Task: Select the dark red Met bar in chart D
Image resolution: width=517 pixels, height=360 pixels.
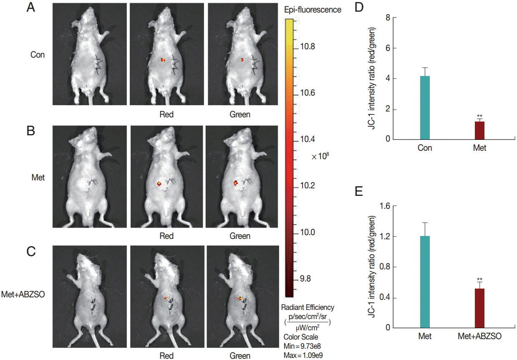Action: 479,130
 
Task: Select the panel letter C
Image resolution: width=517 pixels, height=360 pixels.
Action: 30,252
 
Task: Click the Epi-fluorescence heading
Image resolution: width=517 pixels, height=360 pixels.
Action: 312,10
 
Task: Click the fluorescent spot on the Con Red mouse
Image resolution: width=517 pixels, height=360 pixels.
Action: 163,60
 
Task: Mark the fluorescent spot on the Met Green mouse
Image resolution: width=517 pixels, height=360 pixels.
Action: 236,183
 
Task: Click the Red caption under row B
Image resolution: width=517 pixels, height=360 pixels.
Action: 166,236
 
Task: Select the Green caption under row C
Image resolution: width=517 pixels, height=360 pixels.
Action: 240,356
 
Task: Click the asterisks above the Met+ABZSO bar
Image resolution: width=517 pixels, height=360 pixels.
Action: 480,279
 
